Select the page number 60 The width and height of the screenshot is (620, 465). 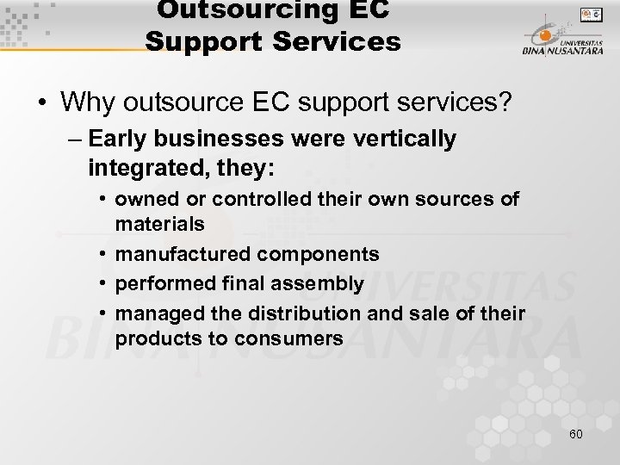575,434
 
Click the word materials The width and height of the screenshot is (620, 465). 159,224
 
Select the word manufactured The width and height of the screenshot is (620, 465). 179,254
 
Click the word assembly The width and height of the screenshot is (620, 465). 322,283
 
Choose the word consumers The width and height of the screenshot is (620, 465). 293,339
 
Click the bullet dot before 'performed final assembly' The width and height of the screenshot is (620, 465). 102,283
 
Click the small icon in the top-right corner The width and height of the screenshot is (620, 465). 590,14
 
